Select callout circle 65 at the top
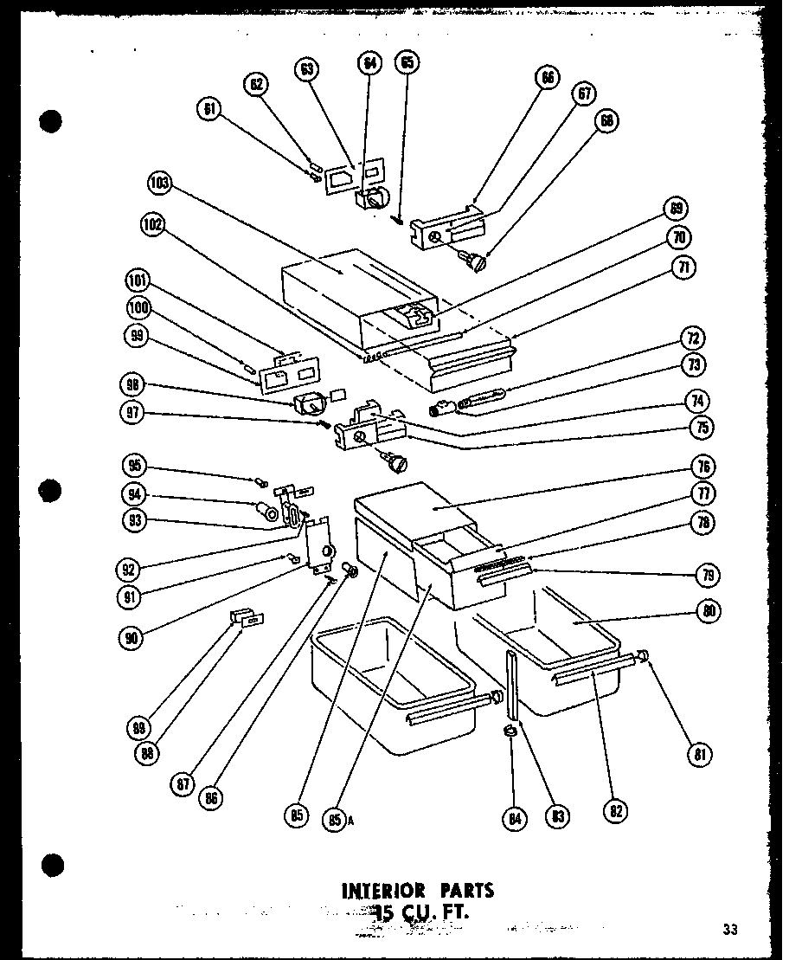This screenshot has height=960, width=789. pyautogui.click(x=407, y=62)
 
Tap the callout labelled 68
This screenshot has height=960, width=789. pyautogui.click(x=606, y=120)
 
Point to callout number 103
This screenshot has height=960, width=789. pyautogui.click(x=160, y=183)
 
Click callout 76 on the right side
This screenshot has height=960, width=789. pyautogui.click(x=702, y=467)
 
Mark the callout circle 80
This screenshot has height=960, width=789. pyautogui.click(x=707, y=611)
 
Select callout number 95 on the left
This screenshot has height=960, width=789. pyautogui.click(x=135, y=464)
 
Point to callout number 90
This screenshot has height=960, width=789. pyautogui.click(x=132, y=636)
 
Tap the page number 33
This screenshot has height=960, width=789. pyautogui.click(x=730, y=930)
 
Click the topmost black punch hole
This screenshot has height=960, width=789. pyautogui.click(x=53, y=122)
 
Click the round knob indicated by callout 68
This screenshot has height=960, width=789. pyautogui.click(x=476, y=259)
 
